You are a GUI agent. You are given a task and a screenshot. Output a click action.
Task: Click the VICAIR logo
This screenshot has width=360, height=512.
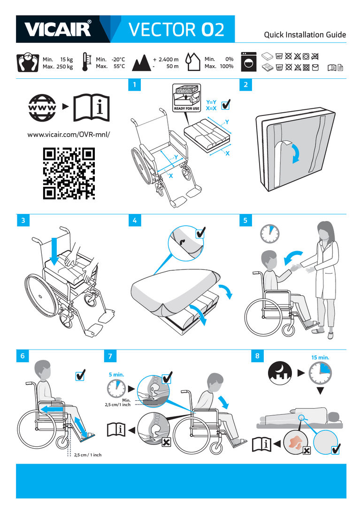(57, 29)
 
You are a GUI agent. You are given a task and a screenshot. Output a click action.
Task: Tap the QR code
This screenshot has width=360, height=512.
(69, 173)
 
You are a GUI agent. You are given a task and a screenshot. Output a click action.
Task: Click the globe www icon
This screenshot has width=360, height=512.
(42, 107)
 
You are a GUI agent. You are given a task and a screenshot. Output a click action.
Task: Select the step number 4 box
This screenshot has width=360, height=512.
(135, 221)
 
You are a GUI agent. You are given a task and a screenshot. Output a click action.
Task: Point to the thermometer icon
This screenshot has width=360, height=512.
(85, 62)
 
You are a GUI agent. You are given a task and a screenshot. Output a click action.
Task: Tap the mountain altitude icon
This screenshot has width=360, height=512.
(141, 63)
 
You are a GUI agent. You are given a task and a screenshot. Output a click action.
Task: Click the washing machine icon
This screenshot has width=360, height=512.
(249, 62)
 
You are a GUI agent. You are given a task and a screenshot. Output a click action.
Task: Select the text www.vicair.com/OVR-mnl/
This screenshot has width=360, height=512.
(69, 134)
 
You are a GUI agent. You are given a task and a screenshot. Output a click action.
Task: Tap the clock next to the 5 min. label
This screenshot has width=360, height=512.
(116, 388)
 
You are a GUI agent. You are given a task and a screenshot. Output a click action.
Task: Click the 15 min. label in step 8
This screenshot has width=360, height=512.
(320, 357)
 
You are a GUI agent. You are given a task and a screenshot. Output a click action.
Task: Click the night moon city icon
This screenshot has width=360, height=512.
(280, 373)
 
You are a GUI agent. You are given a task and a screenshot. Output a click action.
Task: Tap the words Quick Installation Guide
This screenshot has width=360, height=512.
(305, 35)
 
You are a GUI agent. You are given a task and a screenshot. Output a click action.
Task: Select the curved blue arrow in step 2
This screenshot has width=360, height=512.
(295, 152)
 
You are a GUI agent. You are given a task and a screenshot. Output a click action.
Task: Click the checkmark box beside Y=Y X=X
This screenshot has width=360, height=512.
(226, 105)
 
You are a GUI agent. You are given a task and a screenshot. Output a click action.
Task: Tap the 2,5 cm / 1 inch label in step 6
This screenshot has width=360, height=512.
(88, 455)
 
